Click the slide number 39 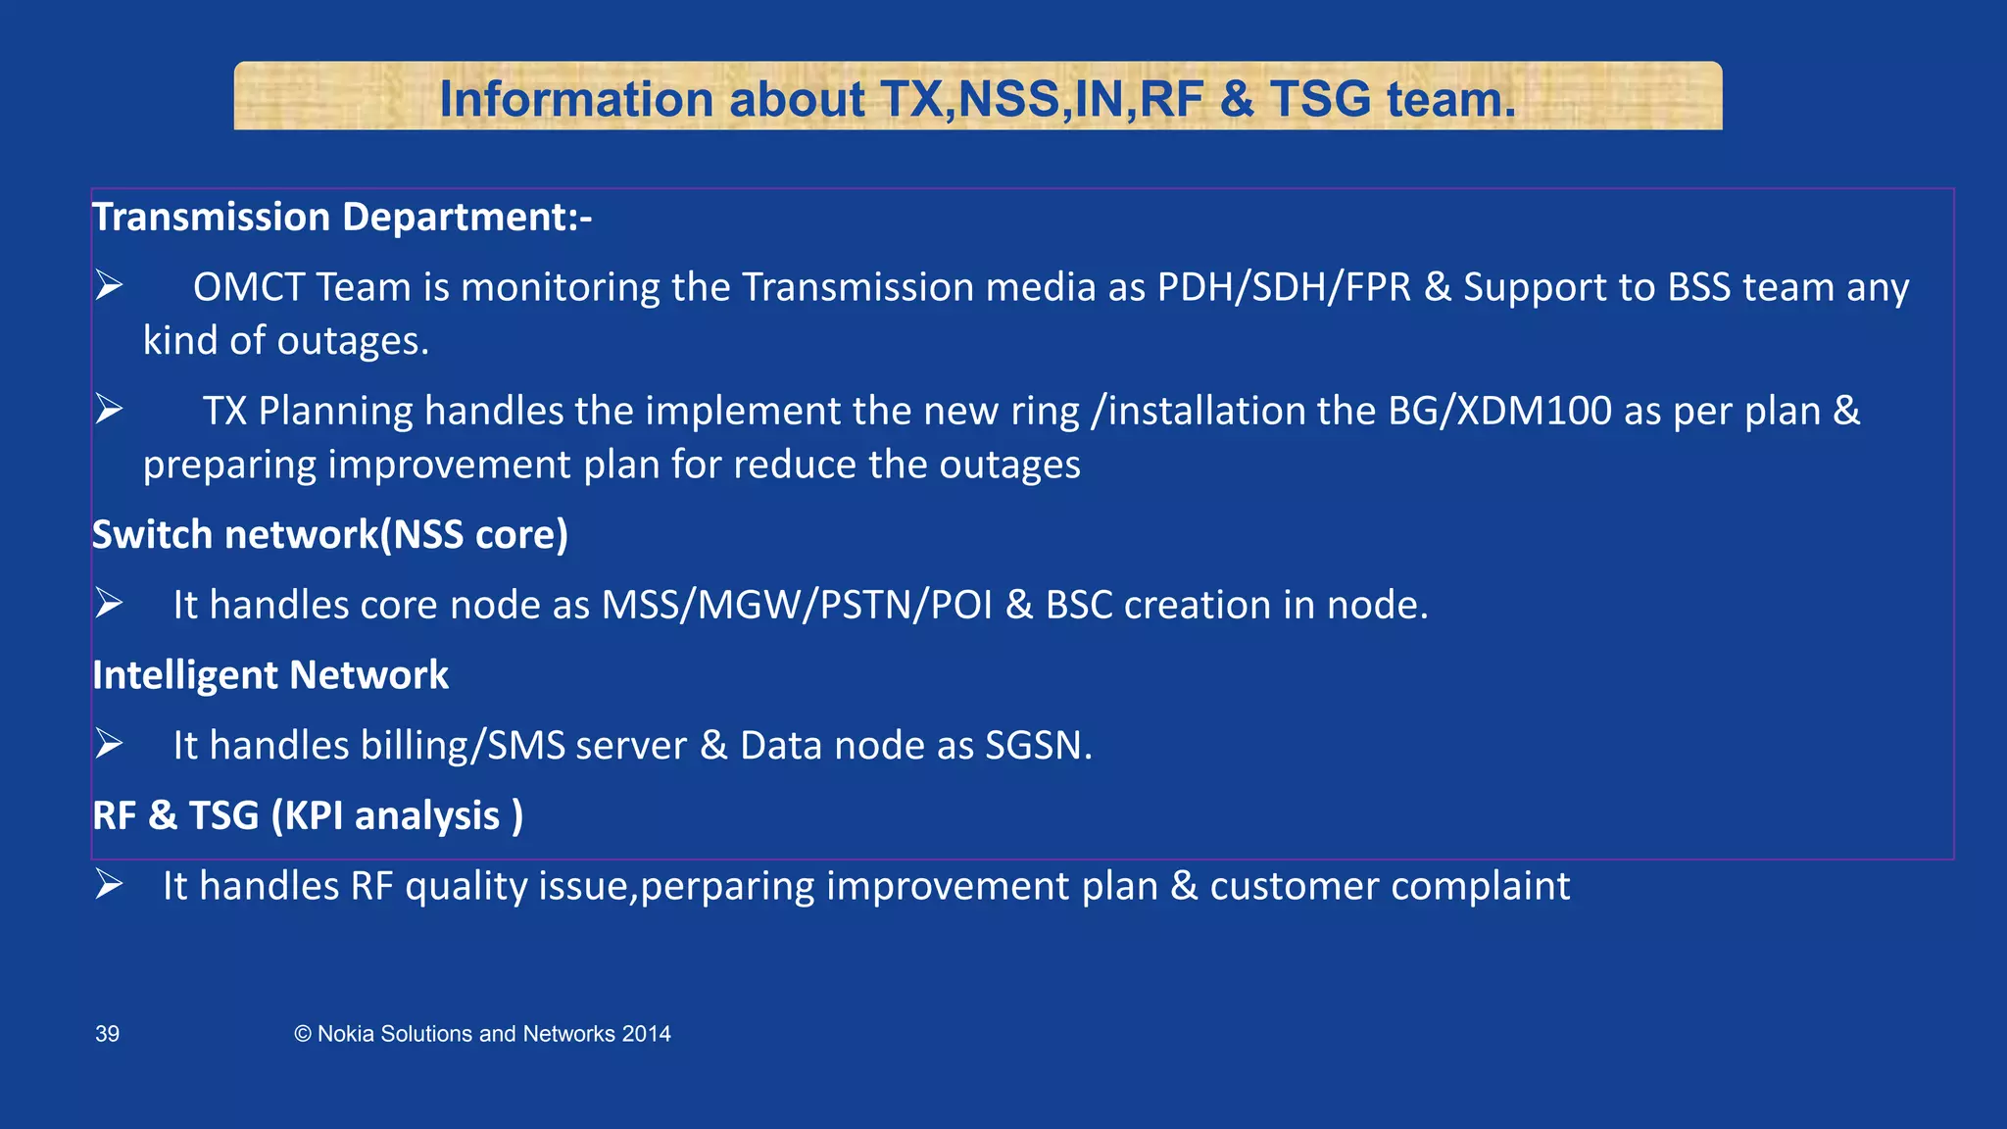tap(107, 1034)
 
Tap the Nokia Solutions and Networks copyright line tap(482, 1034)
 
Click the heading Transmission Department tap(341, 218)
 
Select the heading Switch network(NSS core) tap(330, 535)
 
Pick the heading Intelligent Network tap(270, 675)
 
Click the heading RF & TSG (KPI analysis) tap(308, 816)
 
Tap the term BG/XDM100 tap(1499, 412)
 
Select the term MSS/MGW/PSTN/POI tap(797, 606)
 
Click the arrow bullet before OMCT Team tap(109, 286)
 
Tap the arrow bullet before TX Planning tap(109, 410)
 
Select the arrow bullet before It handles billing tap(109, 745)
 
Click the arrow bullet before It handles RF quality tap(109, 885)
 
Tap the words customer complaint tap(1390, 887)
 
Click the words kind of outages tap(286, 341)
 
